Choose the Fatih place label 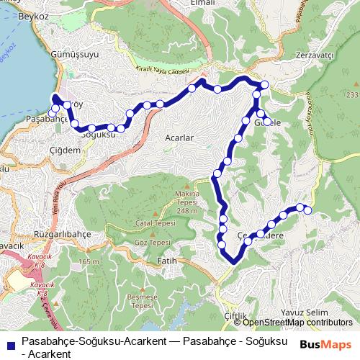pos(166,260)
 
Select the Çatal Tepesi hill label pos(152,224)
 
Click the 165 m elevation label pos(89,261)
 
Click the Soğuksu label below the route pos(99,135)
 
